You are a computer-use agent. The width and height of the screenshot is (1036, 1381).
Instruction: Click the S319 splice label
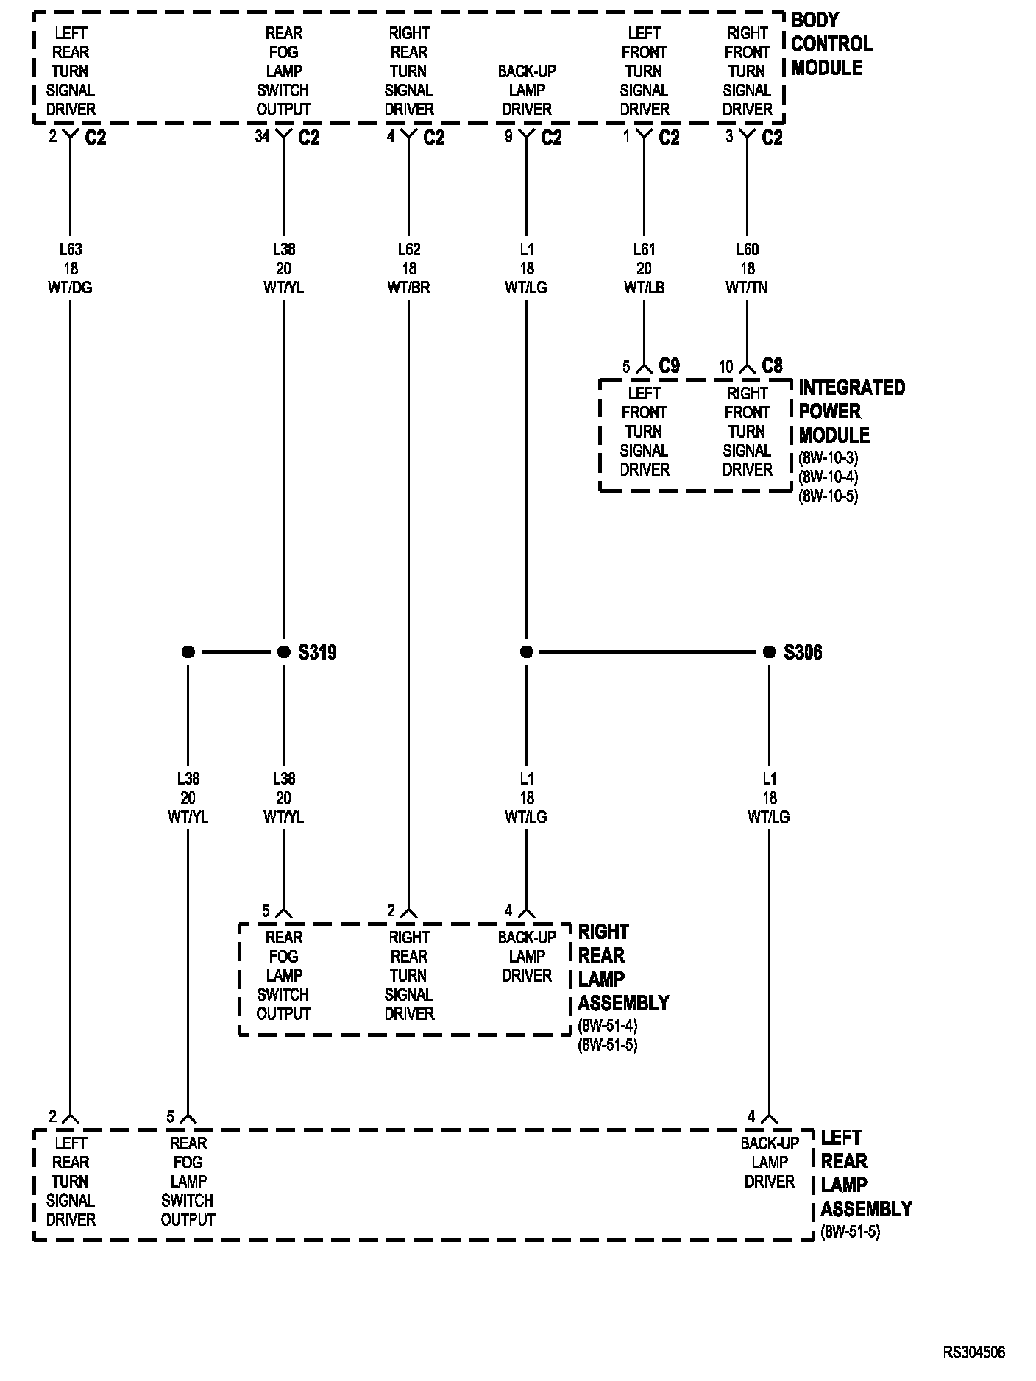317,652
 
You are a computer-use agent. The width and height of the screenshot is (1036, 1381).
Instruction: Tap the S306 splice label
803,652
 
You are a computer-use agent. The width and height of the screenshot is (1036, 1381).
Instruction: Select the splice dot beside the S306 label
769,652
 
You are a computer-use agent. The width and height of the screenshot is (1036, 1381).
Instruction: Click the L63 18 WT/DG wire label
71,268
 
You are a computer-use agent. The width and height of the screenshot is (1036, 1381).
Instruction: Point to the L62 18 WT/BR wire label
409,268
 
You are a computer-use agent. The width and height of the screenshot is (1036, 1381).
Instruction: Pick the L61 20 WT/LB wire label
644,268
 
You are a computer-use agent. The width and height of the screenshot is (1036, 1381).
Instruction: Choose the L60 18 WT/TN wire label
747,268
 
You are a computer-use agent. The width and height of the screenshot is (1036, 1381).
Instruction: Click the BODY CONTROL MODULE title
831,44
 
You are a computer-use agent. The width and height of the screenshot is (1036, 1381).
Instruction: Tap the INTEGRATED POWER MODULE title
851,411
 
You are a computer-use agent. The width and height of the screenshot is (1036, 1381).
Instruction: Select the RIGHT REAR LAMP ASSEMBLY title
623,967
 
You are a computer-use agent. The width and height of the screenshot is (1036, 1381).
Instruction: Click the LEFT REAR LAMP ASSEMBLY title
865,1173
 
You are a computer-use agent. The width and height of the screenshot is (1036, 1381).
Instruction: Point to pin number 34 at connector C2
262,136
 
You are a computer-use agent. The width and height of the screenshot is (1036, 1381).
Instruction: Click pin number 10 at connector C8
725,366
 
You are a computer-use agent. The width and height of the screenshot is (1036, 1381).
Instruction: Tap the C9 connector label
669,365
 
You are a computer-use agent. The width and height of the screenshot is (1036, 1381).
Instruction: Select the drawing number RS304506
974,1352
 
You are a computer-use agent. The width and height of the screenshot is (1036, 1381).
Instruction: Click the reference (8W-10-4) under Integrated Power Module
828,477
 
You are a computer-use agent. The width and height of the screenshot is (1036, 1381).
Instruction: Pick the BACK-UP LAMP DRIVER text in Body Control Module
527,90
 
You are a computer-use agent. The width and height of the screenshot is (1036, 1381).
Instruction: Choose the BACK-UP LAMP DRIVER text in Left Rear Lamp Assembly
770,1163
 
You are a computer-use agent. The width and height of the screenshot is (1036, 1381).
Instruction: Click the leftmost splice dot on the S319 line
188,652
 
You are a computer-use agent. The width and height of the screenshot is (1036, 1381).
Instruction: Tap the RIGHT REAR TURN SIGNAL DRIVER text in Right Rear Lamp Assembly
409,976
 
